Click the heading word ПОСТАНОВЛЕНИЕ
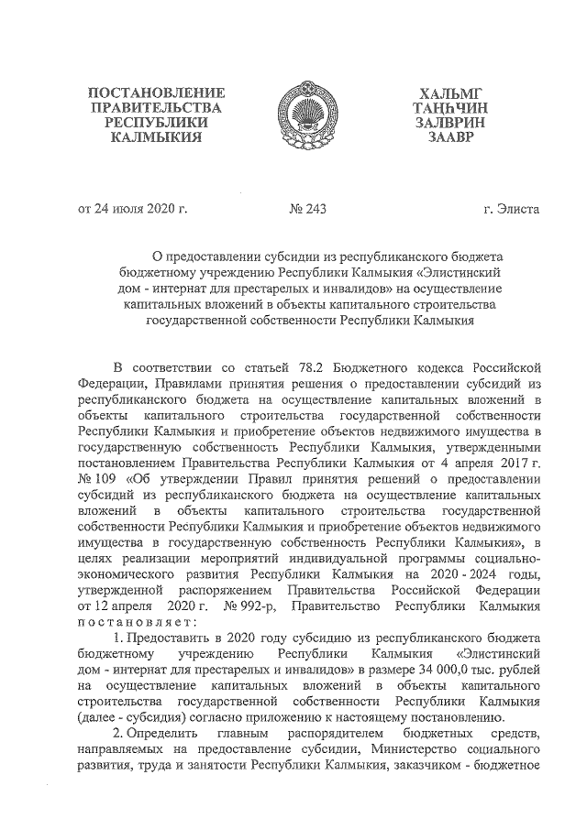pos(155,93)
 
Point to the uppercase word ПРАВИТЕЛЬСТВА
pos(155,108)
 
